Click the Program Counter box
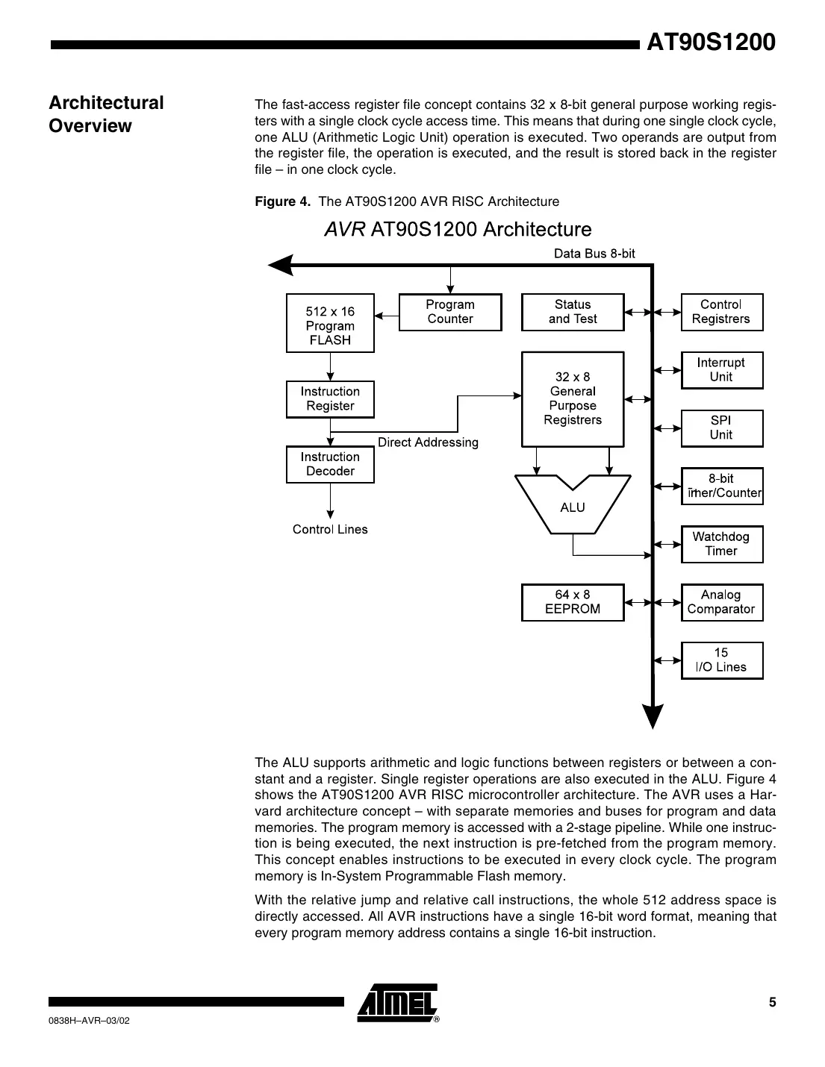click(x=450, y=312)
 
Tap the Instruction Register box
click(x=330, y=399)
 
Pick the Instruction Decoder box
click(x=330, y=464)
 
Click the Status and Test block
click(x=573, y=312)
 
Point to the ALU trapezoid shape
click(x=573, y=506)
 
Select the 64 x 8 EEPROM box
click(x=573, y=602)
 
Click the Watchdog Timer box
click(x=721, y=544)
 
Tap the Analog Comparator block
click(x=721, y=602)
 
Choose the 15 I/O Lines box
click(x=721, y=660)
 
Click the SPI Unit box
click(x=721, y=428)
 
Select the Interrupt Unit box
click(x=721, y=370)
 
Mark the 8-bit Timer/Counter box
click(x=721, y=486)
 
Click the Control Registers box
click(x=721, y=312)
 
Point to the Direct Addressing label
click(x=428, y=442)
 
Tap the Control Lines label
click(x=330, y=530)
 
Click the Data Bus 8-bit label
click(x=594, y=254)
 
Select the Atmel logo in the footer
click(x=397, y=1002)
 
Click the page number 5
click(x=773, y=1002)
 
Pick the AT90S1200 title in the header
click(x=711, y=43)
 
